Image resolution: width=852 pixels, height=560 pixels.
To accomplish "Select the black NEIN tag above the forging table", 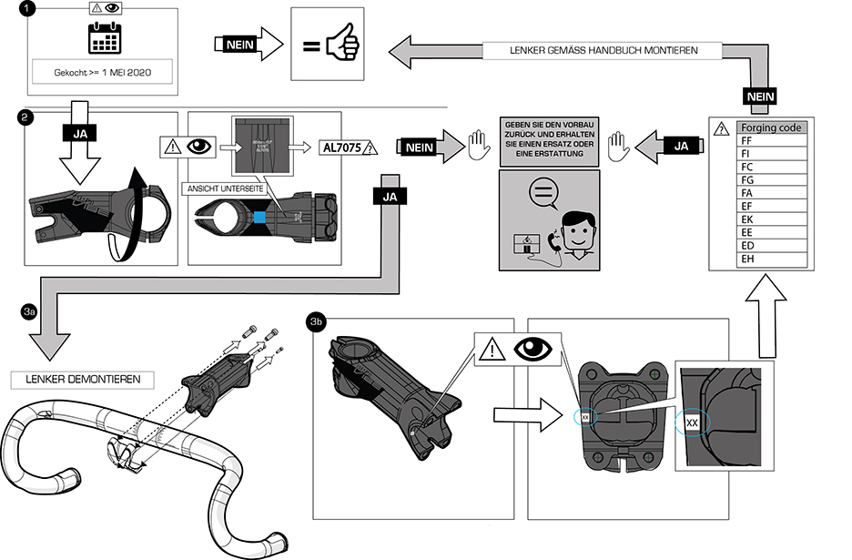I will pyautogui.click(x=759, y=95).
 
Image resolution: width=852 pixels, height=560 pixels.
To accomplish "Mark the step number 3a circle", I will pyautogui.click(x=28, y=311).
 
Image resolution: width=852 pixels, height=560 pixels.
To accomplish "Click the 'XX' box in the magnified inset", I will pyautogui.click(x=692, y=423).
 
